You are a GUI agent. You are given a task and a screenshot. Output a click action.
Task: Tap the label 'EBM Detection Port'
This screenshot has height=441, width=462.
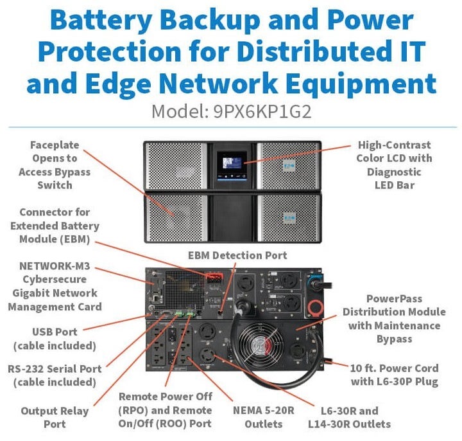click(237, 255)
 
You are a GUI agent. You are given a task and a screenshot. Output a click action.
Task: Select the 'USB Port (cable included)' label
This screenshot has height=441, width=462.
click(55, 339)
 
